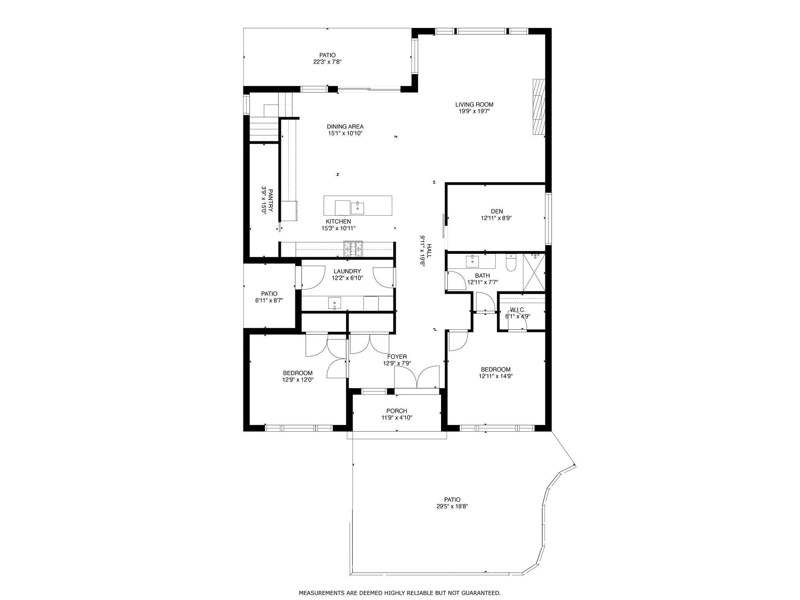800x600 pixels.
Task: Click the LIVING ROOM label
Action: pyautogui.click(x=474, y=104)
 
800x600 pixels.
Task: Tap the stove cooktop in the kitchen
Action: pyautogui.click(x=353, y=249)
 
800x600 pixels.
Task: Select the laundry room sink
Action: pyautogui.click(x=335, y=303)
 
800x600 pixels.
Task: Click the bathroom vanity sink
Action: pyautogui.click(x=473, y=261)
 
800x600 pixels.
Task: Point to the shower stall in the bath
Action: pyautogui.click(x=534, y=272)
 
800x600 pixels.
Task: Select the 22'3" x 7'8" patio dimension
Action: pyautogui.click(x=327, y=62)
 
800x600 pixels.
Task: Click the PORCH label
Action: pyautogui.click(x=397, y=411)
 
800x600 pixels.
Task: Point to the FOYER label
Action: pyautogui.click(x=397, y=357)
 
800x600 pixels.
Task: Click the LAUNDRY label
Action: pyautogui.click(x=347, y=271)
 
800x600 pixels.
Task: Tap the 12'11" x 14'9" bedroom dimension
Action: pyautogui.click(x=496, y=376)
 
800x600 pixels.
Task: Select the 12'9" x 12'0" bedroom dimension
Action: pyautogui.click(x=298, y=379)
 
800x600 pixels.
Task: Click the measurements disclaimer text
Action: pyautogui.click(x=400, y=593)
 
